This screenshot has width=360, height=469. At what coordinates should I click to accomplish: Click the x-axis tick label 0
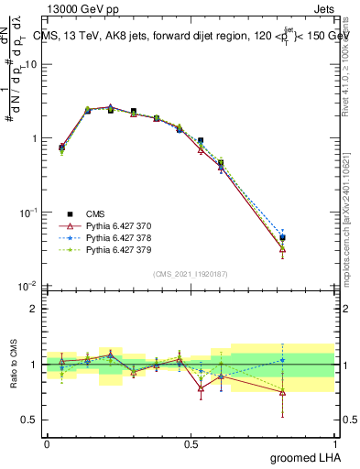coord(47,444)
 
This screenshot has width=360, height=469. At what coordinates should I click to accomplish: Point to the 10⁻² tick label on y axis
coord(28,287)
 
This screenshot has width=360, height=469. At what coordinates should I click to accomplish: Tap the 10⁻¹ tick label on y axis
coord(28,213)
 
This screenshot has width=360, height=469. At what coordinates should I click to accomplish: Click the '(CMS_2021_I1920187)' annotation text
coord(191,273)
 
